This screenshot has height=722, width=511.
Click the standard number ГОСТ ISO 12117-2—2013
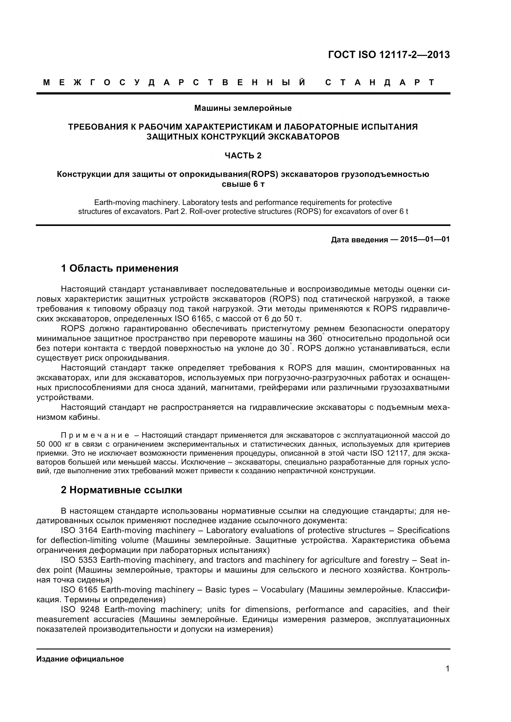(389, 55)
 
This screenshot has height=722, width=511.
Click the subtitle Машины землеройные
(243, 108)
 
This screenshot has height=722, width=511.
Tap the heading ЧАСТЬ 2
(243, 156)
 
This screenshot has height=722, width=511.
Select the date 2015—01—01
(425, 239)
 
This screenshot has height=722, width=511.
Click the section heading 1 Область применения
(120, 268)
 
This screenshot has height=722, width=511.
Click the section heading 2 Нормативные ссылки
(121, 490)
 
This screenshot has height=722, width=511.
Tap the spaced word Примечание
(95, 436)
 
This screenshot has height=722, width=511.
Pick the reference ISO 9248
(80, 609)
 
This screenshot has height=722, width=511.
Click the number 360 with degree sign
(315, 339)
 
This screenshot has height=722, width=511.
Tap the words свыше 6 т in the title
(243, 184)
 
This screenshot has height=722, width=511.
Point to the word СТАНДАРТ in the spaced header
(380, 83)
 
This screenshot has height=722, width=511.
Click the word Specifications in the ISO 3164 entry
(423, 531)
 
